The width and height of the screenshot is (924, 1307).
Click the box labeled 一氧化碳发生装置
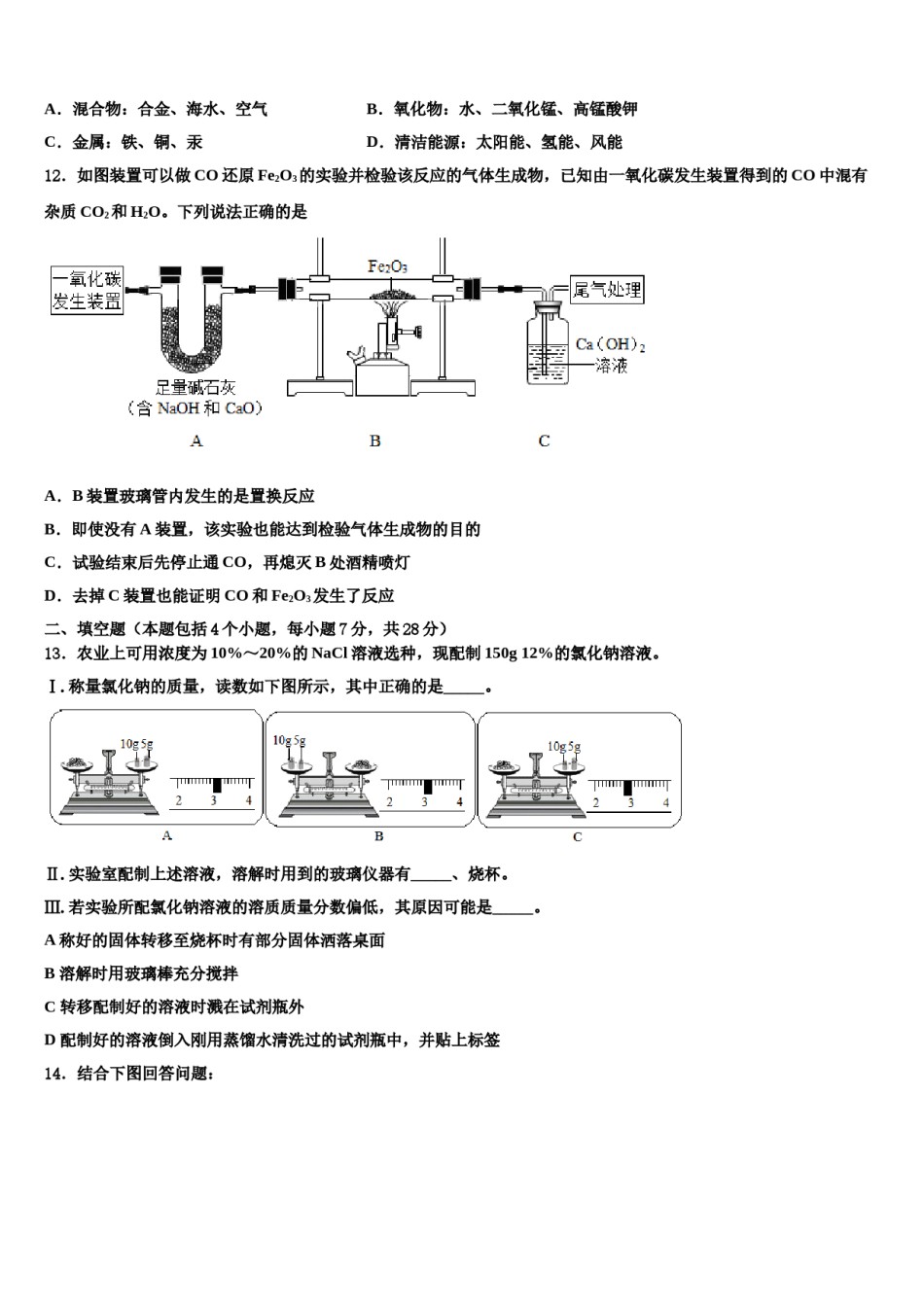tap(88, 290)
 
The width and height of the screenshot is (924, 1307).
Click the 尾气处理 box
tap(607, 289)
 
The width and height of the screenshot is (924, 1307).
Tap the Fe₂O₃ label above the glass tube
tap(387, 265)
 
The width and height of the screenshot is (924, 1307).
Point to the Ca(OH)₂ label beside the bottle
tap(611, 344)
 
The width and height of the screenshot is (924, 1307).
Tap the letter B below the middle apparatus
tap(374, 442)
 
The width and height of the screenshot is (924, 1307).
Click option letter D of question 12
tap(52, 596)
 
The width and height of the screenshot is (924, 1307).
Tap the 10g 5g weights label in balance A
tap(136, 744)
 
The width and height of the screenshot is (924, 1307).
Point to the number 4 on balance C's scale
tap(666, 803)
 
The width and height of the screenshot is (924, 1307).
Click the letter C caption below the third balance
tap(577, 837)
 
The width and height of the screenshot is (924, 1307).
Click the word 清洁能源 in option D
tap(426, 142)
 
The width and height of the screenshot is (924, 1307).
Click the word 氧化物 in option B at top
tap(417, 109)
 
